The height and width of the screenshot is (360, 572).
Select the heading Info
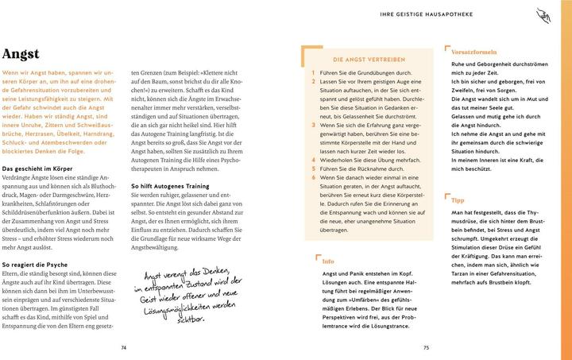pyautogui.click(x=327, y=261)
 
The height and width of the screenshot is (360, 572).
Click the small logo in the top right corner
pyautogui.click(x=562, y=13)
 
